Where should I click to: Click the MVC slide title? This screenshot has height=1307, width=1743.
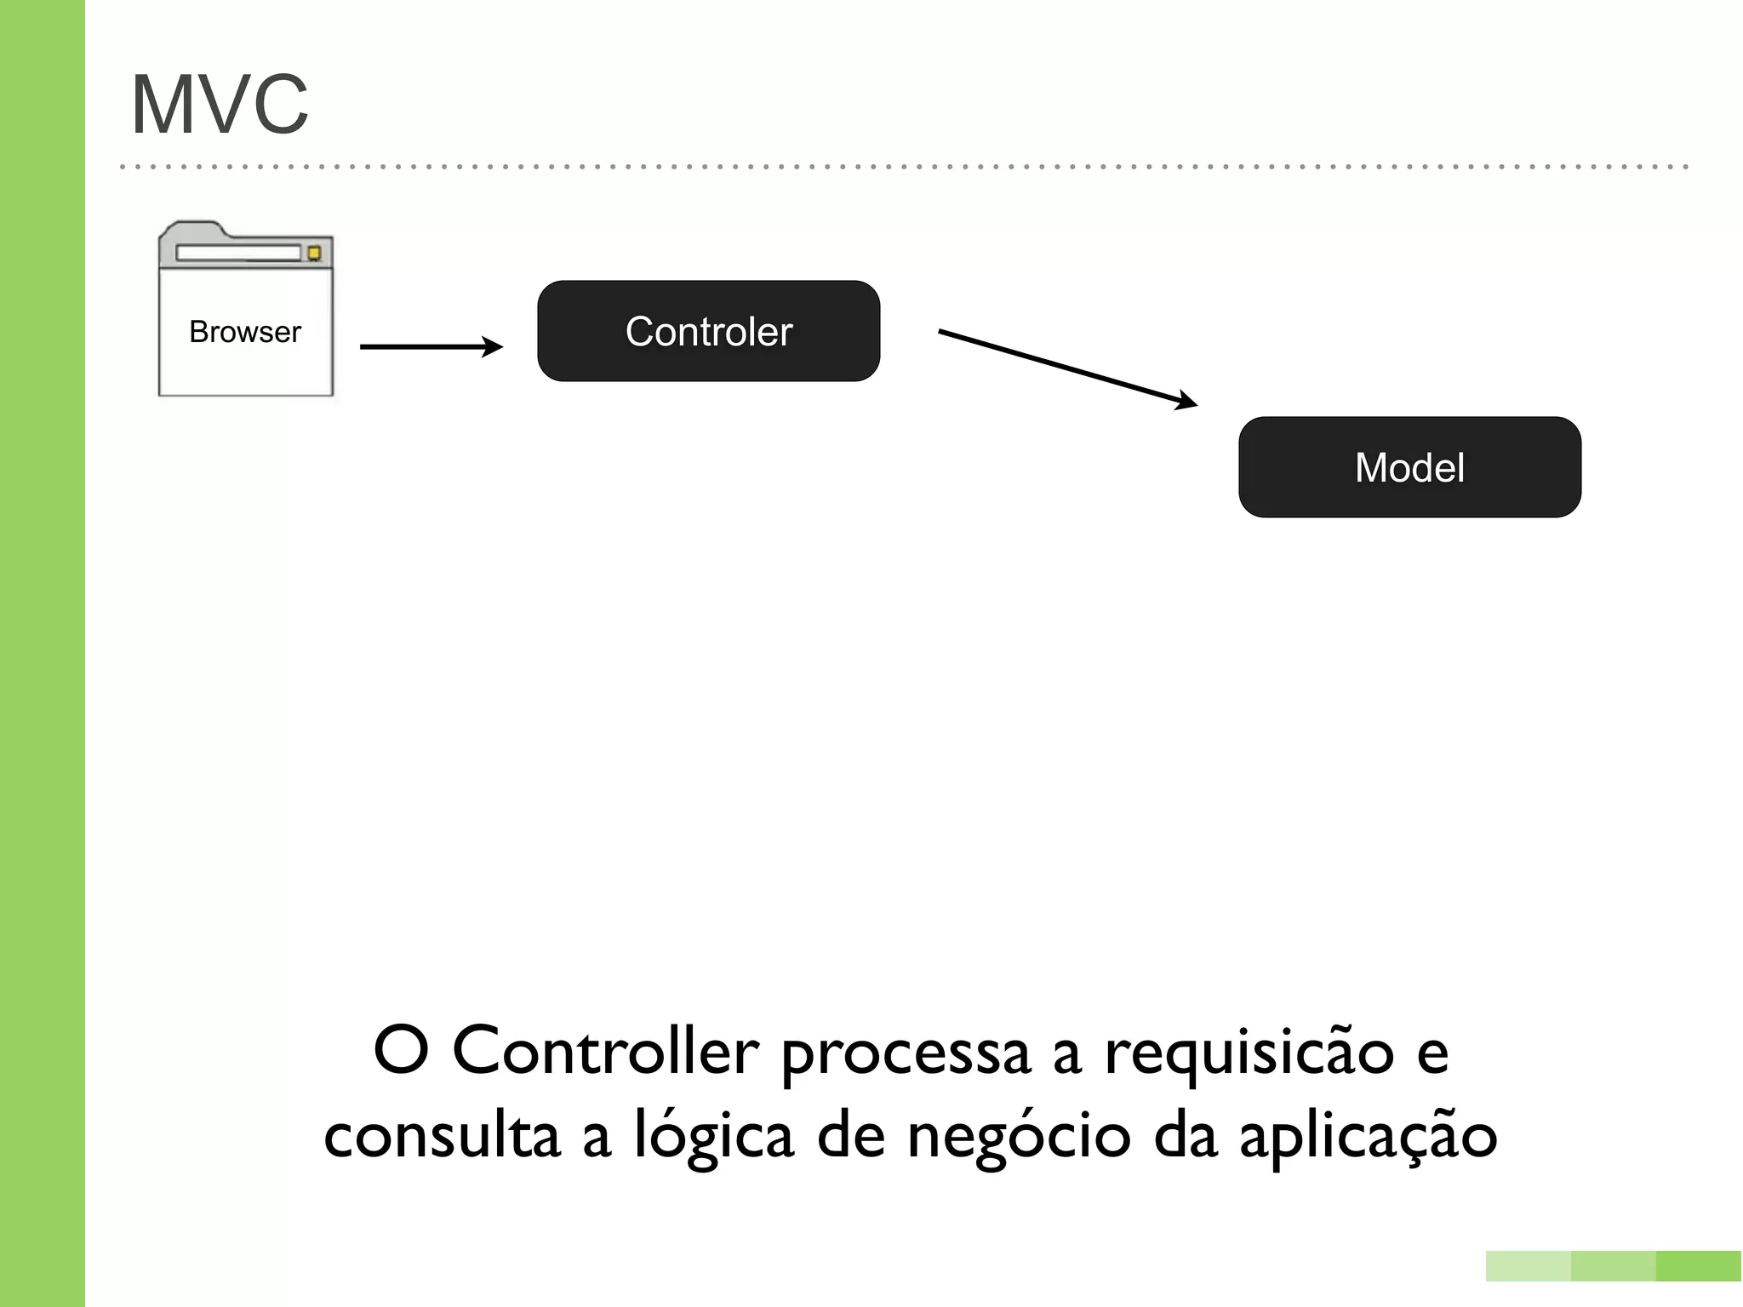220,105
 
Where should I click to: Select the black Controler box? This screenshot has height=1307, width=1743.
708,331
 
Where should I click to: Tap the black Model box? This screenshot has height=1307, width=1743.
1409,467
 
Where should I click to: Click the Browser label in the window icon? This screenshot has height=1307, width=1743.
245,332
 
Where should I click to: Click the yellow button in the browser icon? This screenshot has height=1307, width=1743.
314,253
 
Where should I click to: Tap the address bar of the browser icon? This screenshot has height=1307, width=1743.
238,253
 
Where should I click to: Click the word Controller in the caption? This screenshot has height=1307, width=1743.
605,1052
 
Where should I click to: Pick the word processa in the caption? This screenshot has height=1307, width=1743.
906,1055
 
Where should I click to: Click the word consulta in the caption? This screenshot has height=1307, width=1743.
442,1136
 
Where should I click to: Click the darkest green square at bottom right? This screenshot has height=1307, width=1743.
1699,1266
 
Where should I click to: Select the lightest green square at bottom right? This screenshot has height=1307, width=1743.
1529,1266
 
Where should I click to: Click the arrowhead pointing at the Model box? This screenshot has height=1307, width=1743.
1188,402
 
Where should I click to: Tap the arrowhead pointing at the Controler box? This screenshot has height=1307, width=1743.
493,346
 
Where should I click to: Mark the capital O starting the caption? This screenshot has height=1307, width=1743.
401,1052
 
